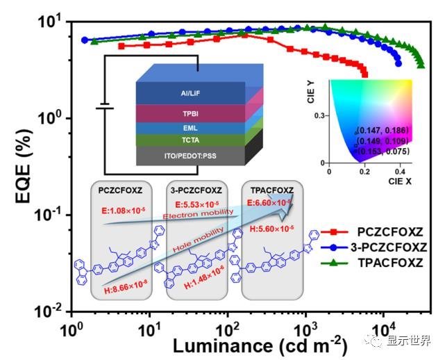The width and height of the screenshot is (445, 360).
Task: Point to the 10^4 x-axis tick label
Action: [x=383, y=326]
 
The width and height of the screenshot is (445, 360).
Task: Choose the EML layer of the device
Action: [x=190, y=129]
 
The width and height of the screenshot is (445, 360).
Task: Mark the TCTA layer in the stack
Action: [x=190, y=141]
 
